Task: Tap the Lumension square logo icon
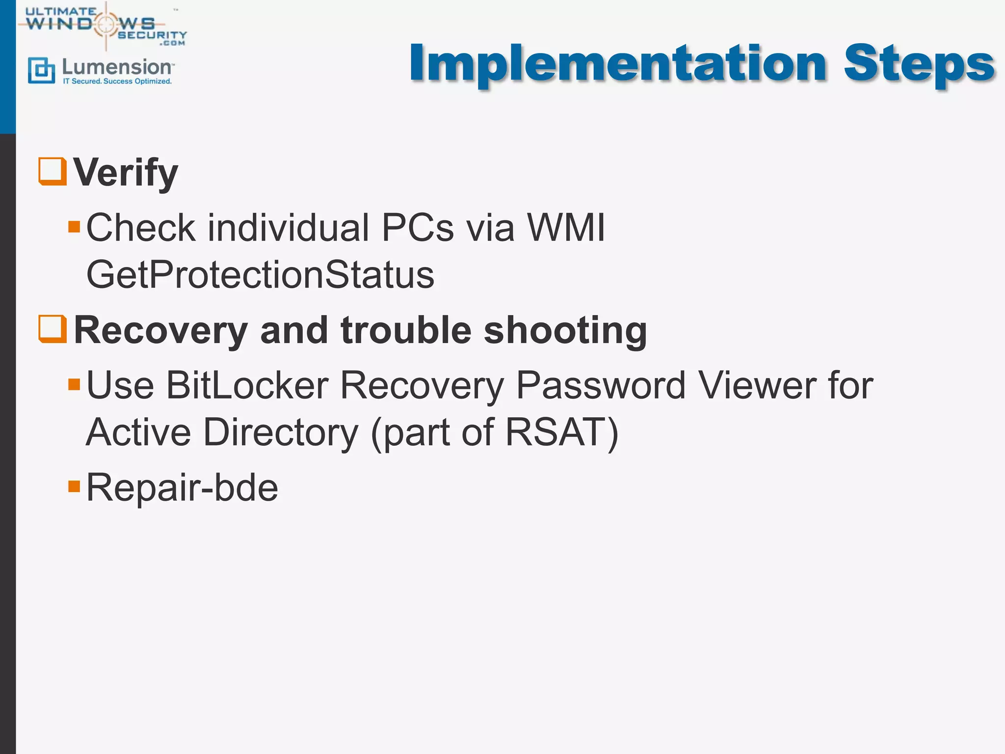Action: [x=41, y=70]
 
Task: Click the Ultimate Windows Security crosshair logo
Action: [x=106, y=24]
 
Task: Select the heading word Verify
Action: [x=126, y=173]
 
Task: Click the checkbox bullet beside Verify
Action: [x=53, y=171]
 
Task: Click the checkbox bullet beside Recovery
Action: [x=53, y=328]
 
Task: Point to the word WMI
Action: [x=566, y=228]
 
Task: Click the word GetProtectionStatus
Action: [x=260, y=275]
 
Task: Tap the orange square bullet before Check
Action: [x=74, y=227]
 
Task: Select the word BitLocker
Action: [x=247, y=385]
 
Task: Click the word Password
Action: [x=601, y=385]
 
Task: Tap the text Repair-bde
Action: [x=182, y=488]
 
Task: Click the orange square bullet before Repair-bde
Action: [x=74, y=486]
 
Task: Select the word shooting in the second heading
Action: [x=565, y=330]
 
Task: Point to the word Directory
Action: [x=281, y=432]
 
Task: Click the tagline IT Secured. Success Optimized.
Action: [x=117, y=81]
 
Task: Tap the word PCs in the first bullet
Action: [x=418, y=228]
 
